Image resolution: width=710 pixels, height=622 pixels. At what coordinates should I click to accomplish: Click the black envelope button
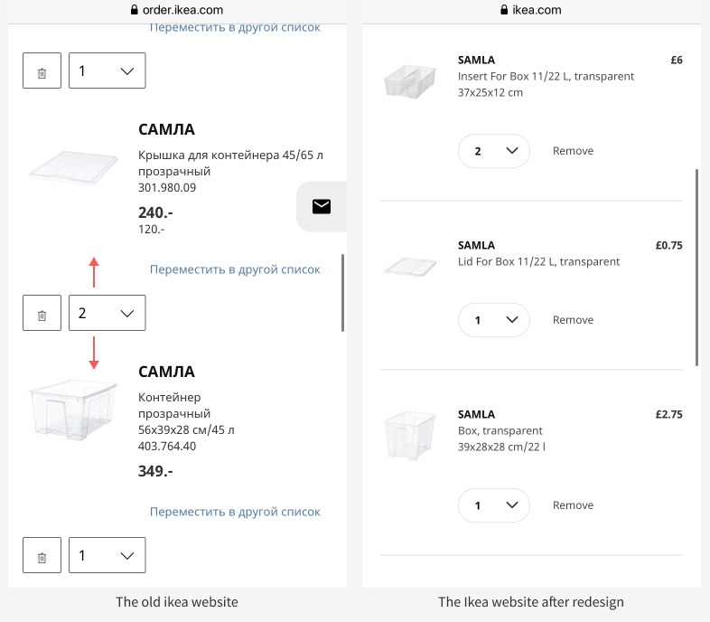click(x=321, y=206)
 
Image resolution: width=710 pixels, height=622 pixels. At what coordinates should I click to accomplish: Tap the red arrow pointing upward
click(x=93, y=271)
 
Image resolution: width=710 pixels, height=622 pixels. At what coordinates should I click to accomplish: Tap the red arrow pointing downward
click(x=93, y=353)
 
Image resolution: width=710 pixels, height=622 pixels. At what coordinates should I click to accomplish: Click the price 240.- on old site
click(x=155, y=212)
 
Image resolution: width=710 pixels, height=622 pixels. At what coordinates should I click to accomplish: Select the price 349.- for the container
click(x=155, y=471)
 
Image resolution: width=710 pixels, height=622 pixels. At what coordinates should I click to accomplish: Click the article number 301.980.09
click(x=167, y=188)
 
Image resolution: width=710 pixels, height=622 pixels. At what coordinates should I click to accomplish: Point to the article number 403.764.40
click(x=167, y=446)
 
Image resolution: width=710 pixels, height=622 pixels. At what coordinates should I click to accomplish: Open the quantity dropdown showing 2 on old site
click(x=107, y=313)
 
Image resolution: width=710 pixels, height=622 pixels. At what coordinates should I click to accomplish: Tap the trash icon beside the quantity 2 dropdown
click(x=42, y=314)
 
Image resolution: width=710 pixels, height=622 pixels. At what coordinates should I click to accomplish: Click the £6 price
click(x=676, y=61)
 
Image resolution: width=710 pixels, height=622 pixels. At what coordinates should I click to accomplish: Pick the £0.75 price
click(x=668, y=246)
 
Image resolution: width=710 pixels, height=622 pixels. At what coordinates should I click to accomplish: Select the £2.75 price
click(x=668, y=415)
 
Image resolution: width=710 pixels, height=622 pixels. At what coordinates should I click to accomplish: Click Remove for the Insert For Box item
click(x=573, y=151)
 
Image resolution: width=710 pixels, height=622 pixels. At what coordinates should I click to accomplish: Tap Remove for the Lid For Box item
click(x=573, y=320)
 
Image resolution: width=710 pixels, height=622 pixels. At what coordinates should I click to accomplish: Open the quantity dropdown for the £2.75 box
click(x=493, y=505)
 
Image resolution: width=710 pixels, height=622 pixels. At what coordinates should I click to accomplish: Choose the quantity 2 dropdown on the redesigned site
click(x=493, y=151)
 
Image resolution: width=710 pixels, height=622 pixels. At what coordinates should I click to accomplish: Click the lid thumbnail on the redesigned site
click(x=410, y=266)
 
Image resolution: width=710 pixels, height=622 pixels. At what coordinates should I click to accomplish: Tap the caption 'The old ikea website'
click(x=177, y=602)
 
